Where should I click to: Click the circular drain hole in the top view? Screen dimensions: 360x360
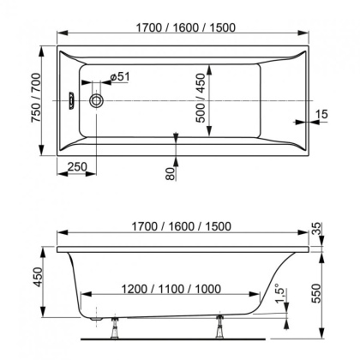pyautogui.click(x=97, y=100)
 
